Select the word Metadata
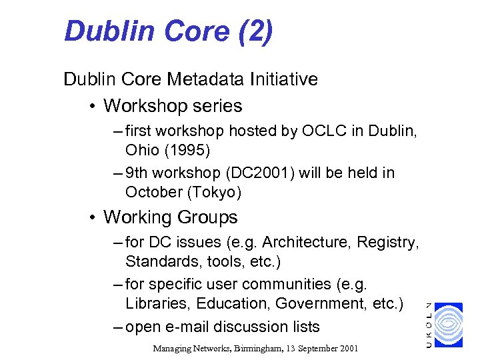point(208,79)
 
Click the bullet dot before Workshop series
point(92,106)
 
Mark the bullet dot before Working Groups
point(92,217)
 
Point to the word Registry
point(390,242)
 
